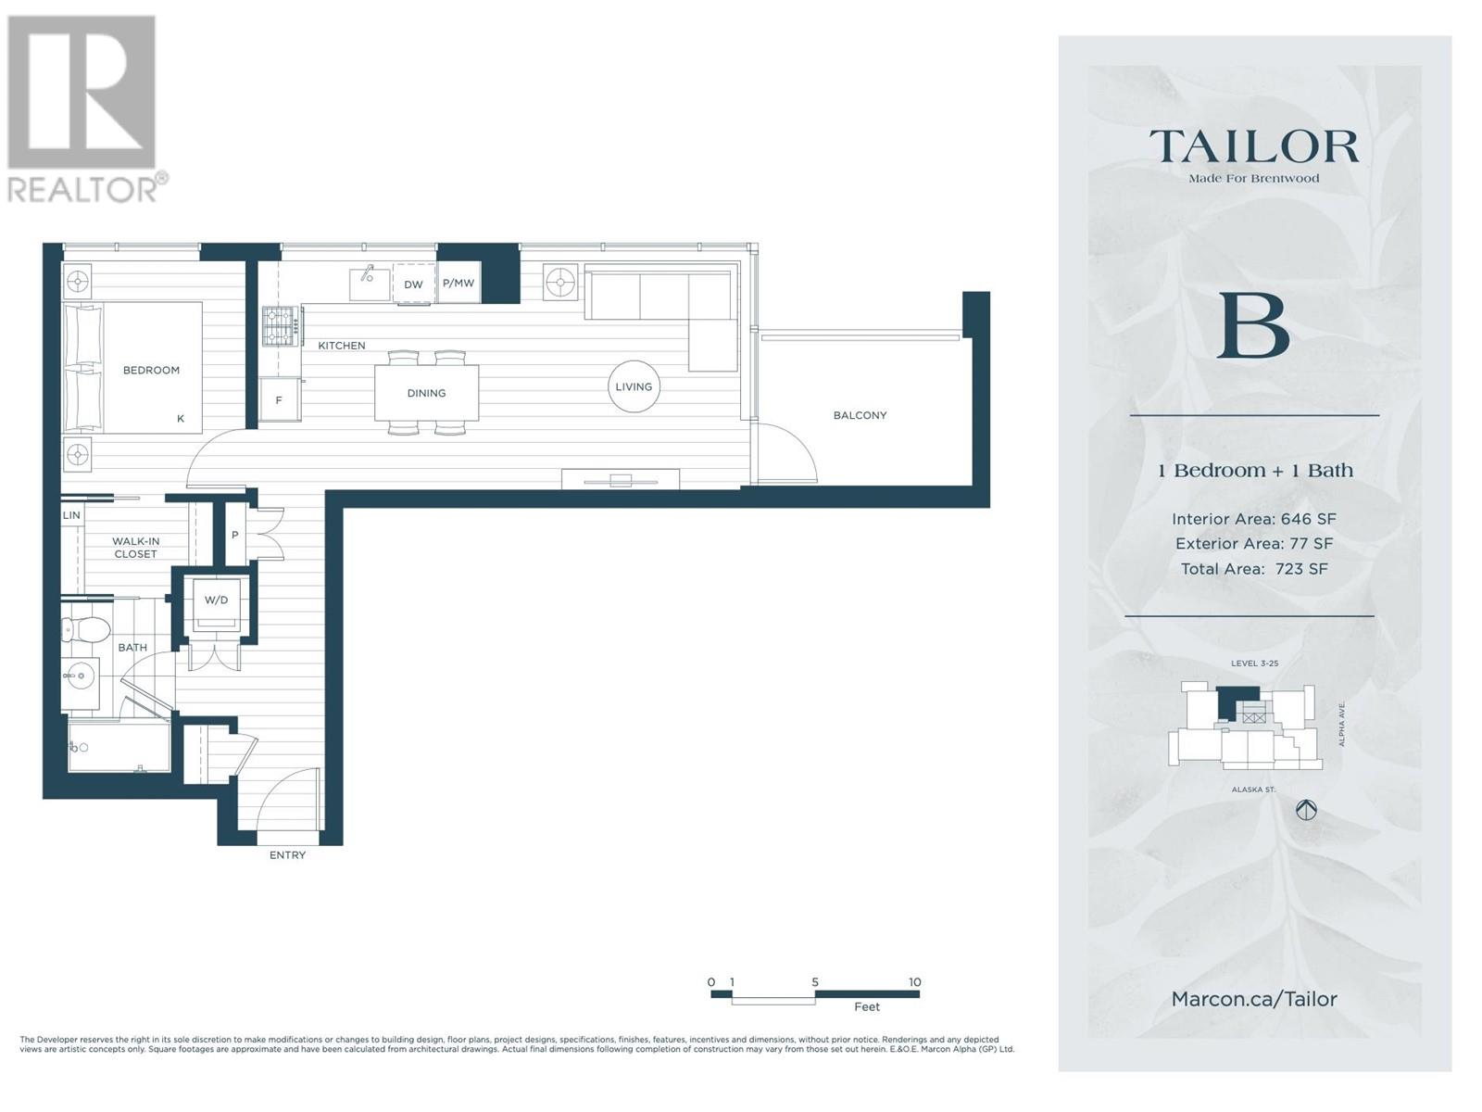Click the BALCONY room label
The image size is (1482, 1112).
point(860,415)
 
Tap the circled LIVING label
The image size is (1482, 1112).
point(634,386)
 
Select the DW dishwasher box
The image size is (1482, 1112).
point(413,284)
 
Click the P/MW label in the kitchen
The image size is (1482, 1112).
point(458,283)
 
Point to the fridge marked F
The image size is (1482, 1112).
point(280,399)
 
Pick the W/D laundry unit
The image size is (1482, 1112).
point(216,600)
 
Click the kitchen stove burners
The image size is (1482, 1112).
point(281,327)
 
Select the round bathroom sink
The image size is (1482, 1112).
point(81,676)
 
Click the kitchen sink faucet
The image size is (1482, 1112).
point(368,272)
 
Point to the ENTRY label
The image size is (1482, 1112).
point(288,854)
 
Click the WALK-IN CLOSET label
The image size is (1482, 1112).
point(136,548)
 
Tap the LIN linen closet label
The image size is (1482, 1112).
point(71,515)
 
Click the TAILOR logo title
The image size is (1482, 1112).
point(1254,146)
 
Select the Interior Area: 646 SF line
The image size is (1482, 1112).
point(1254,519)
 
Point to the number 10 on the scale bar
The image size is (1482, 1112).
point(915,981)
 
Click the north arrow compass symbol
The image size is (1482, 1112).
point(1307,810)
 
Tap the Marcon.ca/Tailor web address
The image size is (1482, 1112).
point(1254,999)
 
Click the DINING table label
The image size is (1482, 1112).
point(427,393)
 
